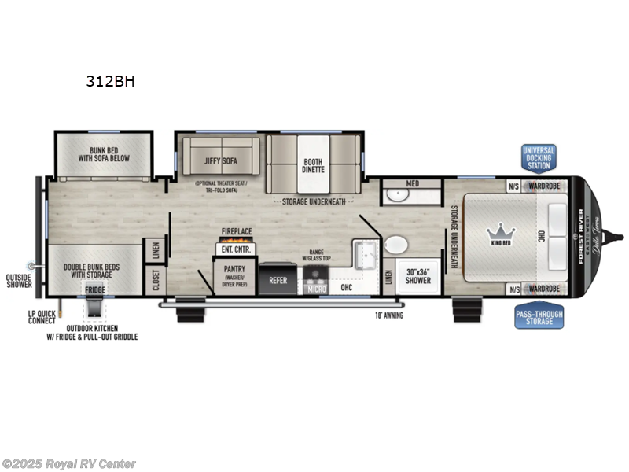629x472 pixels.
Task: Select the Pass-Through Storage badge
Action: tap(539, 316)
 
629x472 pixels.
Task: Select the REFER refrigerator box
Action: tap(278, 279)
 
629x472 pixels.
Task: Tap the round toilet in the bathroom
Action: tap(395, 245)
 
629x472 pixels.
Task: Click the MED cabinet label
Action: tap(412, 183)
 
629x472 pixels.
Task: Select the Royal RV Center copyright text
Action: tap(69, 463)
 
